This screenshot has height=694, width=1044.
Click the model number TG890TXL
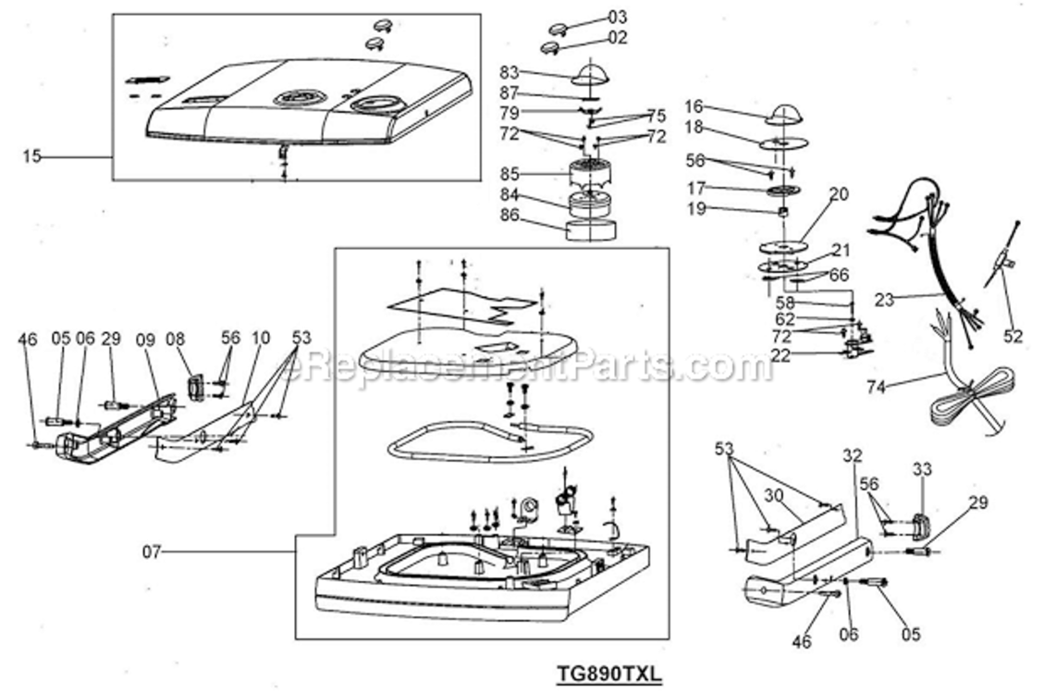click(x=609, y=673)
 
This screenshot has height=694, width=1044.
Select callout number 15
click(x=31, y=156)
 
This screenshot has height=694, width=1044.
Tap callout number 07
click(x=152, y=551)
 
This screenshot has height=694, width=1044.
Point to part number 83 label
click(x=510, y=71)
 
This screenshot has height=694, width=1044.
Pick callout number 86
click(x=510, y=215)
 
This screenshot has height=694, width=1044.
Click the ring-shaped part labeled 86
click(x=591, y=229)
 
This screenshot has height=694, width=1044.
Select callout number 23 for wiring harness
click(x=884, y=301)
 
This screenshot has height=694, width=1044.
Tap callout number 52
click(x=1013, y=336)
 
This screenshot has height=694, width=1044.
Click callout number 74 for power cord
click(x=877, y=386)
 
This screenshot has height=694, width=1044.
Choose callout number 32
click(x=853, y=455)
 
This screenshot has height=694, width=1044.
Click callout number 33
click(x=922, y=469)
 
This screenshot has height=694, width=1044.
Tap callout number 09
click(x=145, y=340)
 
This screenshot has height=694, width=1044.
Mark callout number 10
click(x=261, y=338)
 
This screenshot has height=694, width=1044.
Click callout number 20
click(x=839, y=193)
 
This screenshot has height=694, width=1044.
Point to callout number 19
click(x=696, y=209)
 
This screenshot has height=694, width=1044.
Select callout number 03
click(x=617, y=18)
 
